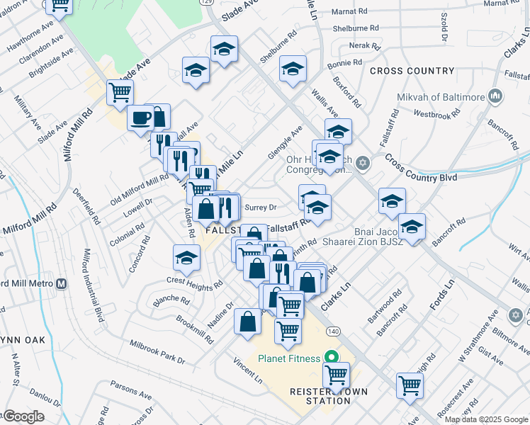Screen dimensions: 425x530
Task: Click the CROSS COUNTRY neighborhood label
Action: tap(412, 71)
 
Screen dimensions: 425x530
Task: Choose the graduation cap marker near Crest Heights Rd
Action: tap(186, 258)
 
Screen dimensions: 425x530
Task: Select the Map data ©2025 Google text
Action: tap(485, 419)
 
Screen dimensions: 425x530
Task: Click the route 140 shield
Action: tap(332, 331)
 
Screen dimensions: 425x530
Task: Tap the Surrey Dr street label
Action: tap(259, 208)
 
